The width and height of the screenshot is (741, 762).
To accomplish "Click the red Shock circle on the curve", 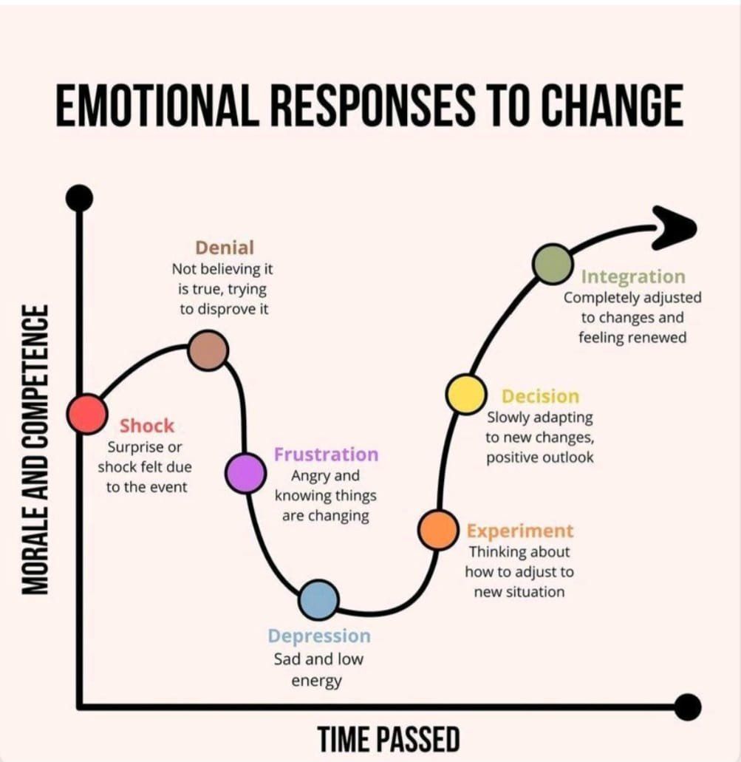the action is point(87,414).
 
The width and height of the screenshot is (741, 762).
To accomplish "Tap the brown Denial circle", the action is point(208,350).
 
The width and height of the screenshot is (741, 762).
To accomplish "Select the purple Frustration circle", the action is point(245,473).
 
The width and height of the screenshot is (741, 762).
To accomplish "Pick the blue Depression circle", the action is point(318,599).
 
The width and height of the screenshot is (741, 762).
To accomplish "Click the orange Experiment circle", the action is point(438,530).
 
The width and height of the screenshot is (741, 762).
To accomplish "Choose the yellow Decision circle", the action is point(466,394).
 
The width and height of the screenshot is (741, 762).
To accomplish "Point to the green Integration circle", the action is point(552,264).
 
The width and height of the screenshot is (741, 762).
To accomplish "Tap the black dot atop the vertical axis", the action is point(80,198).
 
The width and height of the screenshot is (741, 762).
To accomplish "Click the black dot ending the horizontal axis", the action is point(688,707).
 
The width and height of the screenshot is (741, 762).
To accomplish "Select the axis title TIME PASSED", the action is point(389,739).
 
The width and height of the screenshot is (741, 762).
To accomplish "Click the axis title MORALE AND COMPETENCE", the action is point(35,449).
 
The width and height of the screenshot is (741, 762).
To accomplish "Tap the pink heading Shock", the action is point(147,426).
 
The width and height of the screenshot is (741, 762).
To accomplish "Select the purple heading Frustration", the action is point(326,455).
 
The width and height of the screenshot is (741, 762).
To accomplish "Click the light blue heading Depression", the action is point(319,636).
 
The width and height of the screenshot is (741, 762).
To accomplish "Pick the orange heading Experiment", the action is point(520,531).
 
